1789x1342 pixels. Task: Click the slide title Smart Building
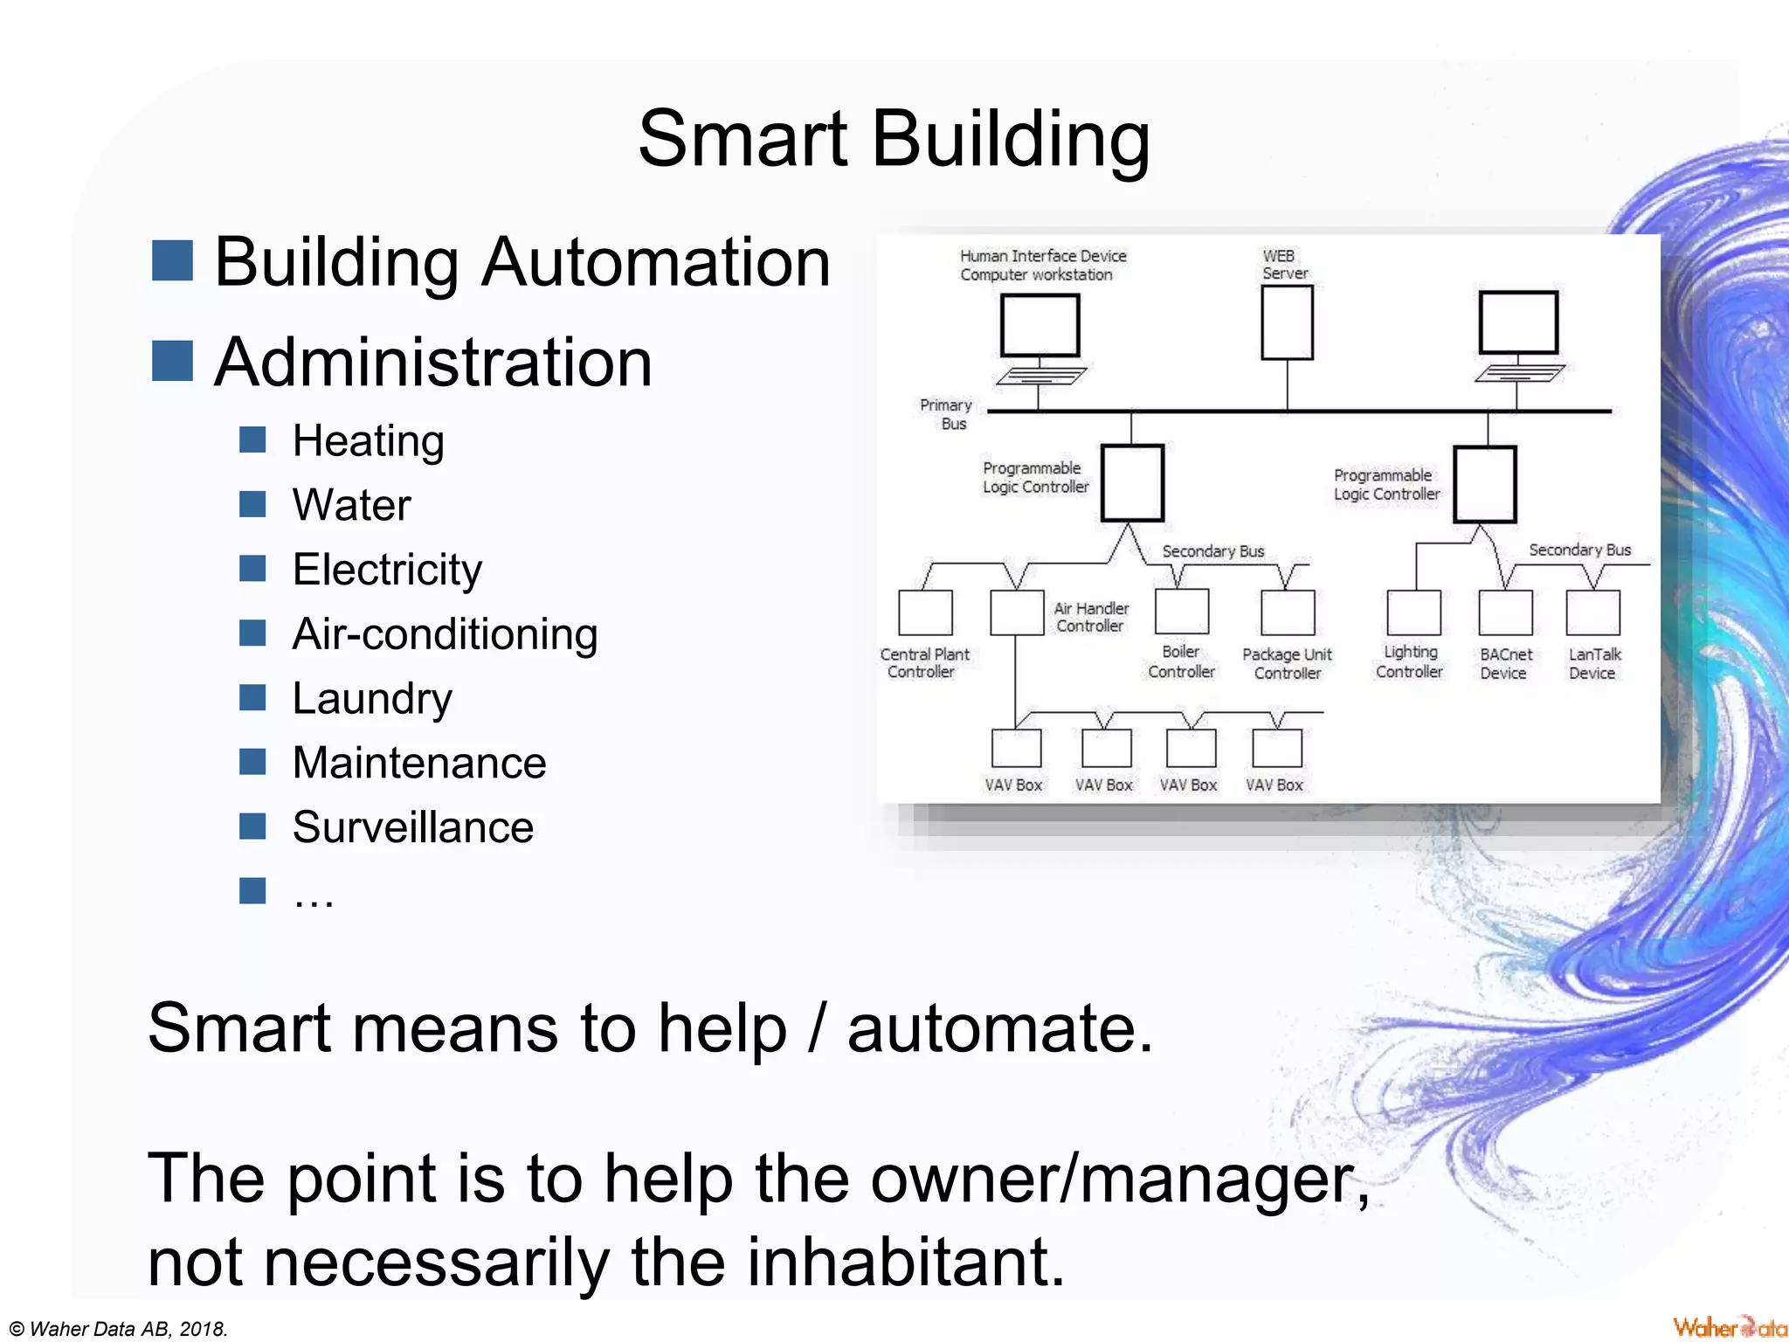tap(894, 140)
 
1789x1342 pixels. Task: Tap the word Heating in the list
tap(368, 441)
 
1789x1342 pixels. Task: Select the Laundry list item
tap(372, 699)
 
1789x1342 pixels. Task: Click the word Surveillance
tap(412, 827)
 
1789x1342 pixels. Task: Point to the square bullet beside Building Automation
tap(172, 261)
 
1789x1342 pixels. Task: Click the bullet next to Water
tap(252, 504)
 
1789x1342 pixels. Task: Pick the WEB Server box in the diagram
tap(1287, 322)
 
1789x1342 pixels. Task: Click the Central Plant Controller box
tap(925, 612)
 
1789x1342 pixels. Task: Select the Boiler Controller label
tap(1181, 662)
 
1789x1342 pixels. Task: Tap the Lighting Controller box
tap(1413, 612)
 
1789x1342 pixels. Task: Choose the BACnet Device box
tap(1505, 612)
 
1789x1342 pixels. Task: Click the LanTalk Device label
tap(1593, 664)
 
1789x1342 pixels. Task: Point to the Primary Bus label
tap(946, 414)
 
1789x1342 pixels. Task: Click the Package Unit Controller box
tap(1288, 612)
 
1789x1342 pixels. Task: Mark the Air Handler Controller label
tap(1090, 617)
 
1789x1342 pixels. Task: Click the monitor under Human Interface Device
tap(1040, 325)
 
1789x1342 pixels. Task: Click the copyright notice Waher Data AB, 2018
tap(119, 1329)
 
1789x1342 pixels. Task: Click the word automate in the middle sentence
tap(999, 1028)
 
